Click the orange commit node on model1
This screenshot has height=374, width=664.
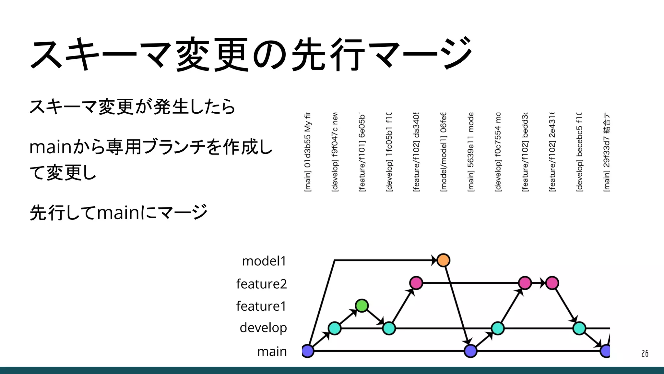(x=443, y=260)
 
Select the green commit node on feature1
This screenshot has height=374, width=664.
(x=362, y=305)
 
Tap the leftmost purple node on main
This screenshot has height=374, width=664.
(x=308, y=351)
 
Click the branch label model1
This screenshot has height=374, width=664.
(x=264, y=261)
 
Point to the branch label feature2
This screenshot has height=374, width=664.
(x=261, y=284)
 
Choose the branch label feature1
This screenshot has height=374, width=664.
(x=261, y=306)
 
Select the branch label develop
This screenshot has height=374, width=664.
(x=263, y=328)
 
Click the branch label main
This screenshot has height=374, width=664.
(x=272, y=351)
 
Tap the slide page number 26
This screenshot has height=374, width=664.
(x=645, y=354)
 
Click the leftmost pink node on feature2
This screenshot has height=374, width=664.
(x=416, y=283)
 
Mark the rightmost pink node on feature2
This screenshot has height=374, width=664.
(x=552, y=283)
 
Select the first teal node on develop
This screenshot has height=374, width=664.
(x=335, y=328)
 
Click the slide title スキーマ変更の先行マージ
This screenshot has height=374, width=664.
(x=251, y=54)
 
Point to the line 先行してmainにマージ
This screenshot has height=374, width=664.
(x=119, y=213)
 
